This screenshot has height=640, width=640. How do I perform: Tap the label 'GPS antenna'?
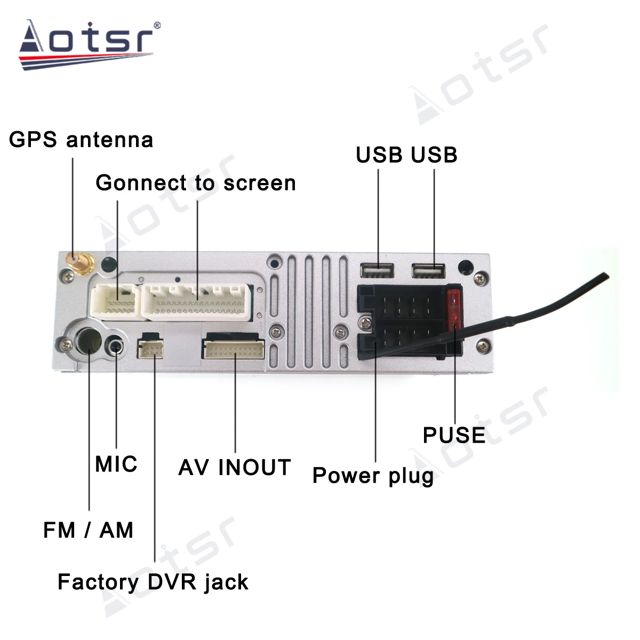tap(81, 140)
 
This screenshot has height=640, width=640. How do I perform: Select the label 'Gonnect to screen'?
tap(195, 183)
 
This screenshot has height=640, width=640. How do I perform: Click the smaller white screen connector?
tap(116, 302)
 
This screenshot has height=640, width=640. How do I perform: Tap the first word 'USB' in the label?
tap(379, 155)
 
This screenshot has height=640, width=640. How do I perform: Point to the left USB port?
tap(377, 271)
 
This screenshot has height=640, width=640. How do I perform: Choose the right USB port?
tap(428, 271)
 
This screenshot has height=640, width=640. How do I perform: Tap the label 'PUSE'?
tap(454, 435)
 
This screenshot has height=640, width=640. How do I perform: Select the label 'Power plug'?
tap(373, 475)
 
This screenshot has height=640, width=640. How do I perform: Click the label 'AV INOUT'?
tap(235, 467)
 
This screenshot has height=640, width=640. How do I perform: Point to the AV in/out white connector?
tap(233, 350)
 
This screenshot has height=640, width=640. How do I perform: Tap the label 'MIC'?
tap(116, 464)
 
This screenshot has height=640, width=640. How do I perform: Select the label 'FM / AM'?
tap(89, 530)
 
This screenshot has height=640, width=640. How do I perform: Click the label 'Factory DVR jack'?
tap(153, 582)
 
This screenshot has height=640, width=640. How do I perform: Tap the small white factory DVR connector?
tap(150, 349)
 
